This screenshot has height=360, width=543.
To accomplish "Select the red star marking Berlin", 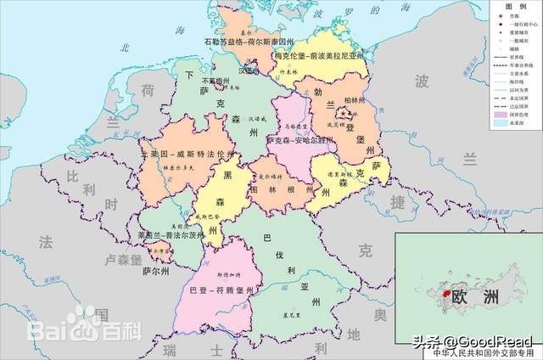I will pyautogui.click(x=350, y=111).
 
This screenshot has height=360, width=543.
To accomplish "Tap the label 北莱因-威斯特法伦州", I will pyautogui.click(x=187, y=155).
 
